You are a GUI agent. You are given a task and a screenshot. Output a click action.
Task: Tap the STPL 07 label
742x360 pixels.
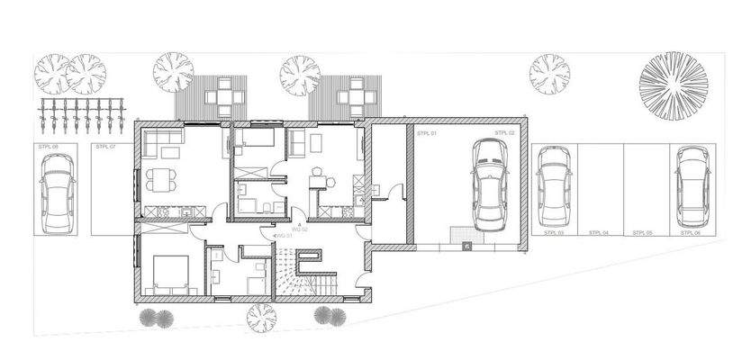coord(105,146)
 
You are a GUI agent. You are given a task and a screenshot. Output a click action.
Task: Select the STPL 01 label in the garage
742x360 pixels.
coord(427,133)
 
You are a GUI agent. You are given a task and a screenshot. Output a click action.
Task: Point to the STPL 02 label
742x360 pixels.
coord(505,133)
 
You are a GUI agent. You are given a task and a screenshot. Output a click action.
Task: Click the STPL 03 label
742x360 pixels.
coord(554,232)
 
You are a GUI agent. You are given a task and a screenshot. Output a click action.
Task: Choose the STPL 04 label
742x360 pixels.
coord(599,232)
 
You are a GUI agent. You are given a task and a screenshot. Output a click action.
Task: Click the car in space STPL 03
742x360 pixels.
coord(552,186)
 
